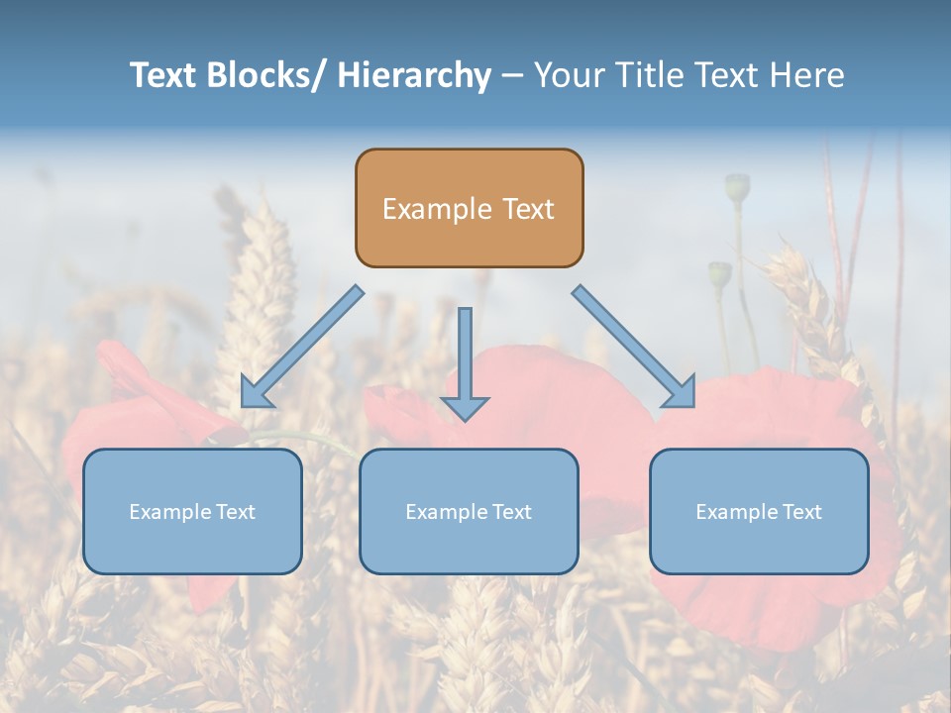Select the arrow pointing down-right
(x=634, y=346)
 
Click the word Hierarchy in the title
(x=414, y=75)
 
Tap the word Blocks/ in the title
(x=266, y=75)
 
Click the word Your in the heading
(x=570, y=75)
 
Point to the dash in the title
(x=512, y=76)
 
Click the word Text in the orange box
(x=527, y=210)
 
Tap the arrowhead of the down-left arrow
(x=256, y=393)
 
